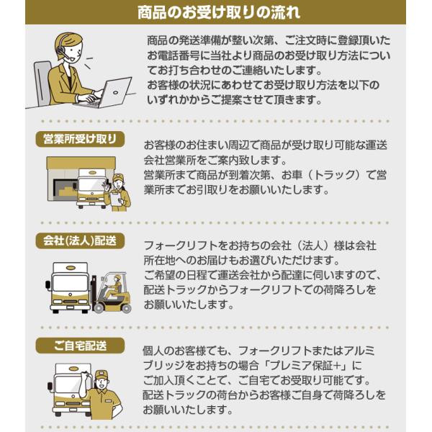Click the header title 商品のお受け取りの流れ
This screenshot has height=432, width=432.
point(219,12)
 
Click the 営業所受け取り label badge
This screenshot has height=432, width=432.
point(80,139)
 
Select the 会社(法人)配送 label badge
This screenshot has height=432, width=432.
point(80,240)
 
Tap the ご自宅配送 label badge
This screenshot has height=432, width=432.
point(80,346)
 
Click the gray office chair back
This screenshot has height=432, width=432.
point(42,83)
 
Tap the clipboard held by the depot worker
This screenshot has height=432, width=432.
point(116,199)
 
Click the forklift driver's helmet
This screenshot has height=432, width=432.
point(117,277)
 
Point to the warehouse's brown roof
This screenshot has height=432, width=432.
point(81,163)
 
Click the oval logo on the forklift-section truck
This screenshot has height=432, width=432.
point(71,268)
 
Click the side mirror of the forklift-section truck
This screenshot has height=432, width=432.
point(48,285)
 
